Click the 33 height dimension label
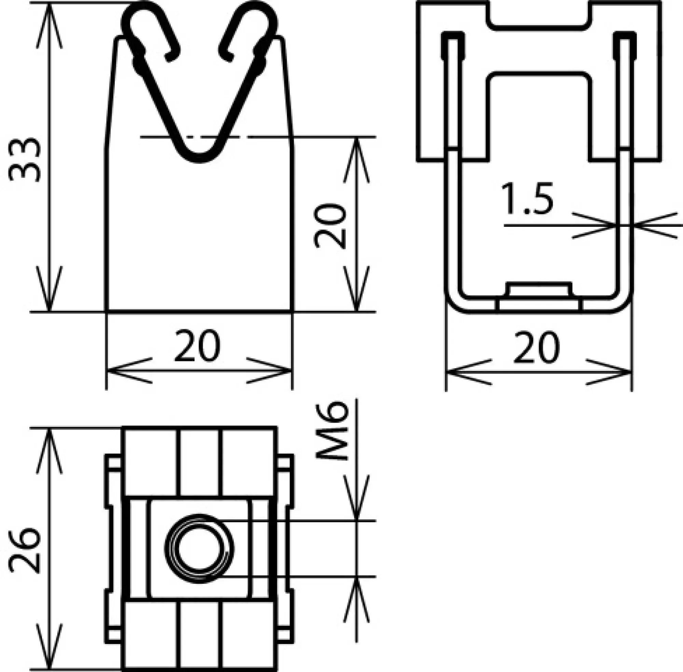pyautogui.click(x=25, y=160)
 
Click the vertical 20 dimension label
pyautogui.click(x=330, y=226)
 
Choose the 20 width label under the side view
pyautogui.click(x=536, y=348)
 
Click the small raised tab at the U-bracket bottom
pyautogui.click(x=538, y=289)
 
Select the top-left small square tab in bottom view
pyautogui.click(x=114, y=463)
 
